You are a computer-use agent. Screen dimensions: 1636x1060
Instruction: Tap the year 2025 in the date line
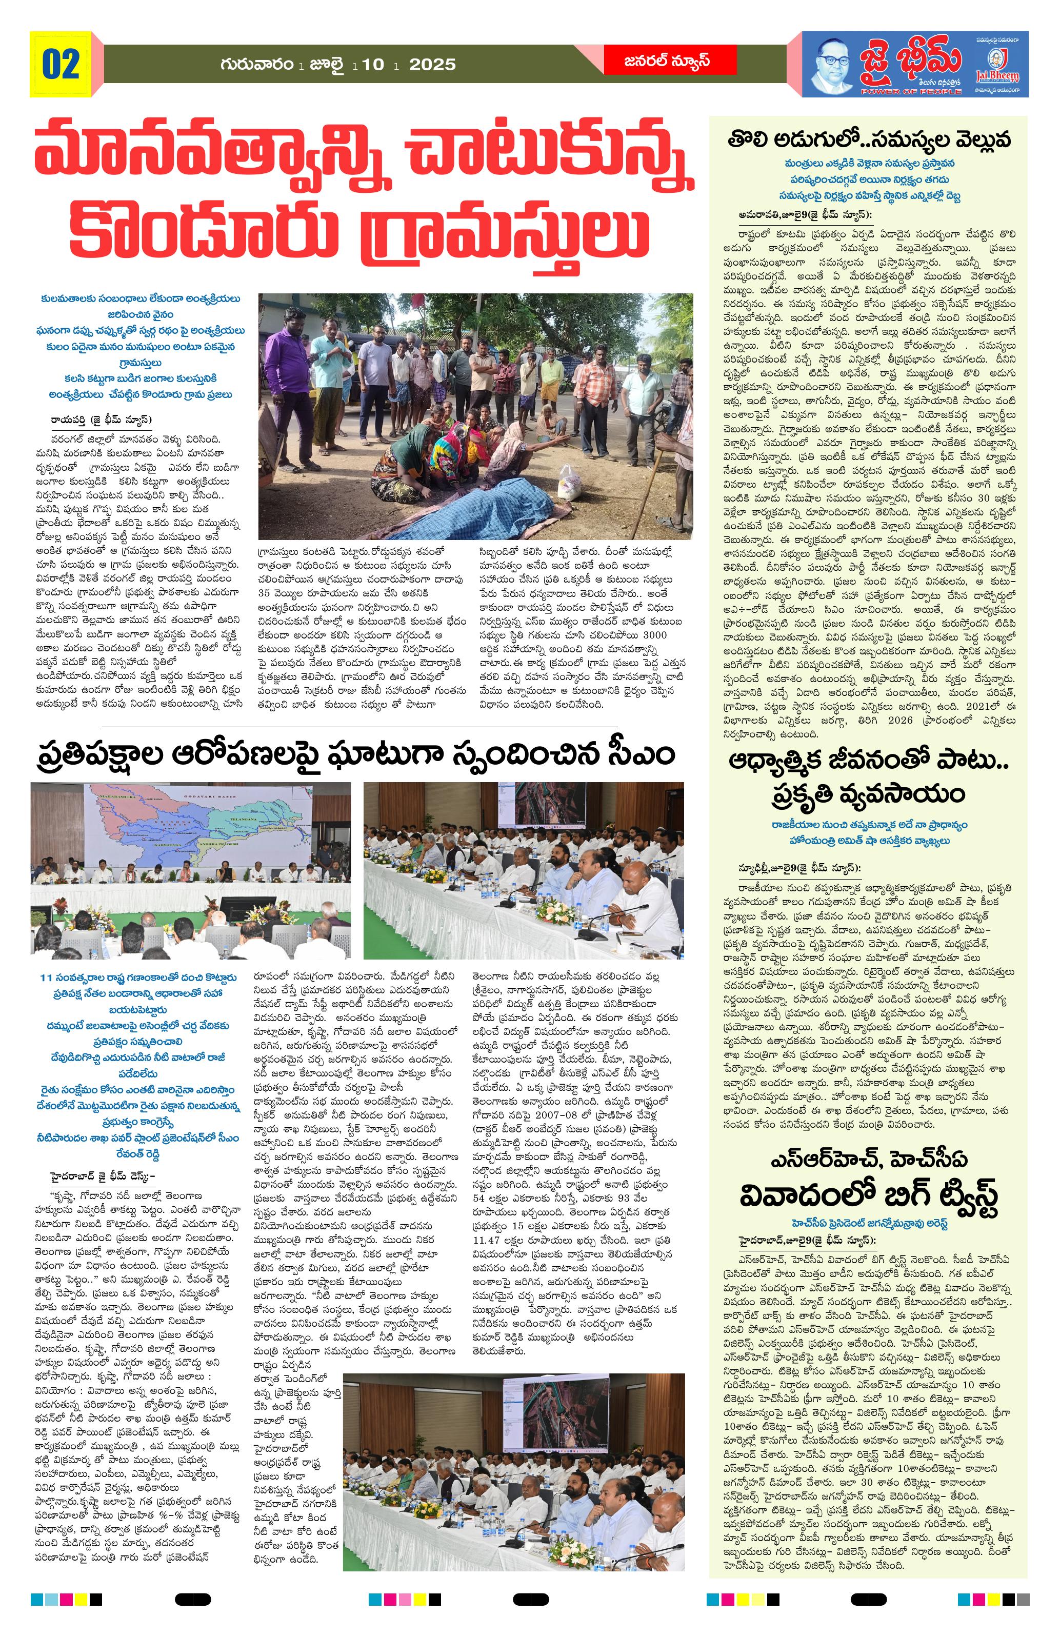(432, 65)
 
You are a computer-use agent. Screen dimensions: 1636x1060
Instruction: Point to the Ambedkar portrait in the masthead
(834, 63)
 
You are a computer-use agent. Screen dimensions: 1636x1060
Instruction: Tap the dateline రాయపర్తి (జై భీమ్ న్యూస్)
(101, 420)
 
